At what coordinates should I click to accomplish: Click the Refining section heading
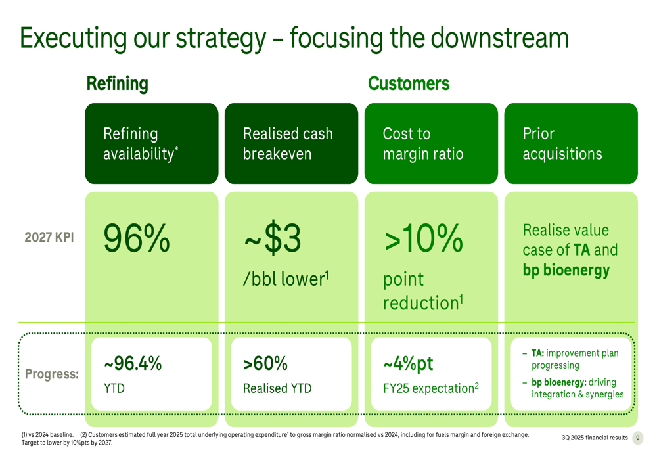click(118, 84)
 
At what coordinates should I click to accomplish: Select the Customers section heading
click(409, 83)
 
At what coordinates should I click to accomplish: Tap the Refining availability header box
click(152, 143)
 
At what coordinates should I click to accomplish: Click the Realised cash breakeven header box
click(291, 143)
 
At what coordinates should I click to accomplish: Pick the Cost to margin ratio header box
click(431, 143)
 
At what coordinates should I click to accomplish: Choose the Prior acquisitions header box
click(571, 143)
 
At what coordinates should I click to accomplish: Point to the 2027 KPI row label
click(49, 237)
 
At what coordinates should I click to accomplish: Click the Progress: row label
click(51, 374)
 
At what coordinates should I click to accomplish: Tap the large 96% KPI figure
click(137, 238)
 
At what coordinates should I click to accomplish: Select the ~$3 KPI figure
click(273, 238)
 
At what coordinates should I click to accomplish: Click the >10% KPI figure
click(423, 238)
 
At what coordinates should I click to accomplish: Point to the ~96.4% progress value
click(133, 363)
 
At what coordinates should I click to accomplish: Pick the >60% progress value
click(265, 363)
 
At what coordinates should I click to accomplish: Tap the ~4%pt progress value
click(408, 364)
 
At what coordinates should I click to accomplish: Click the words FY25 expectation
click(428, 388)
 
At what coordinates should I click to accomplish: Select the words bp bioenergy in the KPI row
click(566, 270)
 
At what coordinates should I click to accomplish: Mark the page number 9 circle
click(638, 438)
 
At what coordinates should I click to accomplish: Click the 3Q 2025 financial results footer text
click(595, 438)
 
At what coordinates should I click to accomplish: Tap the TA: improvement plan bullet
click(575, 359)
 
